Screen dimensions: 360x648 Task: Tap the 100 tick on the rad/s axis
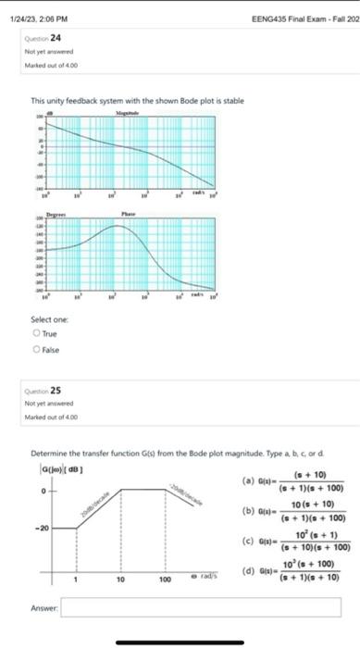pos(163,579)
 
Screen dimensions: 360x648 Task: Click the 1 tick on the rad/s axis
pos(75,579)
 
